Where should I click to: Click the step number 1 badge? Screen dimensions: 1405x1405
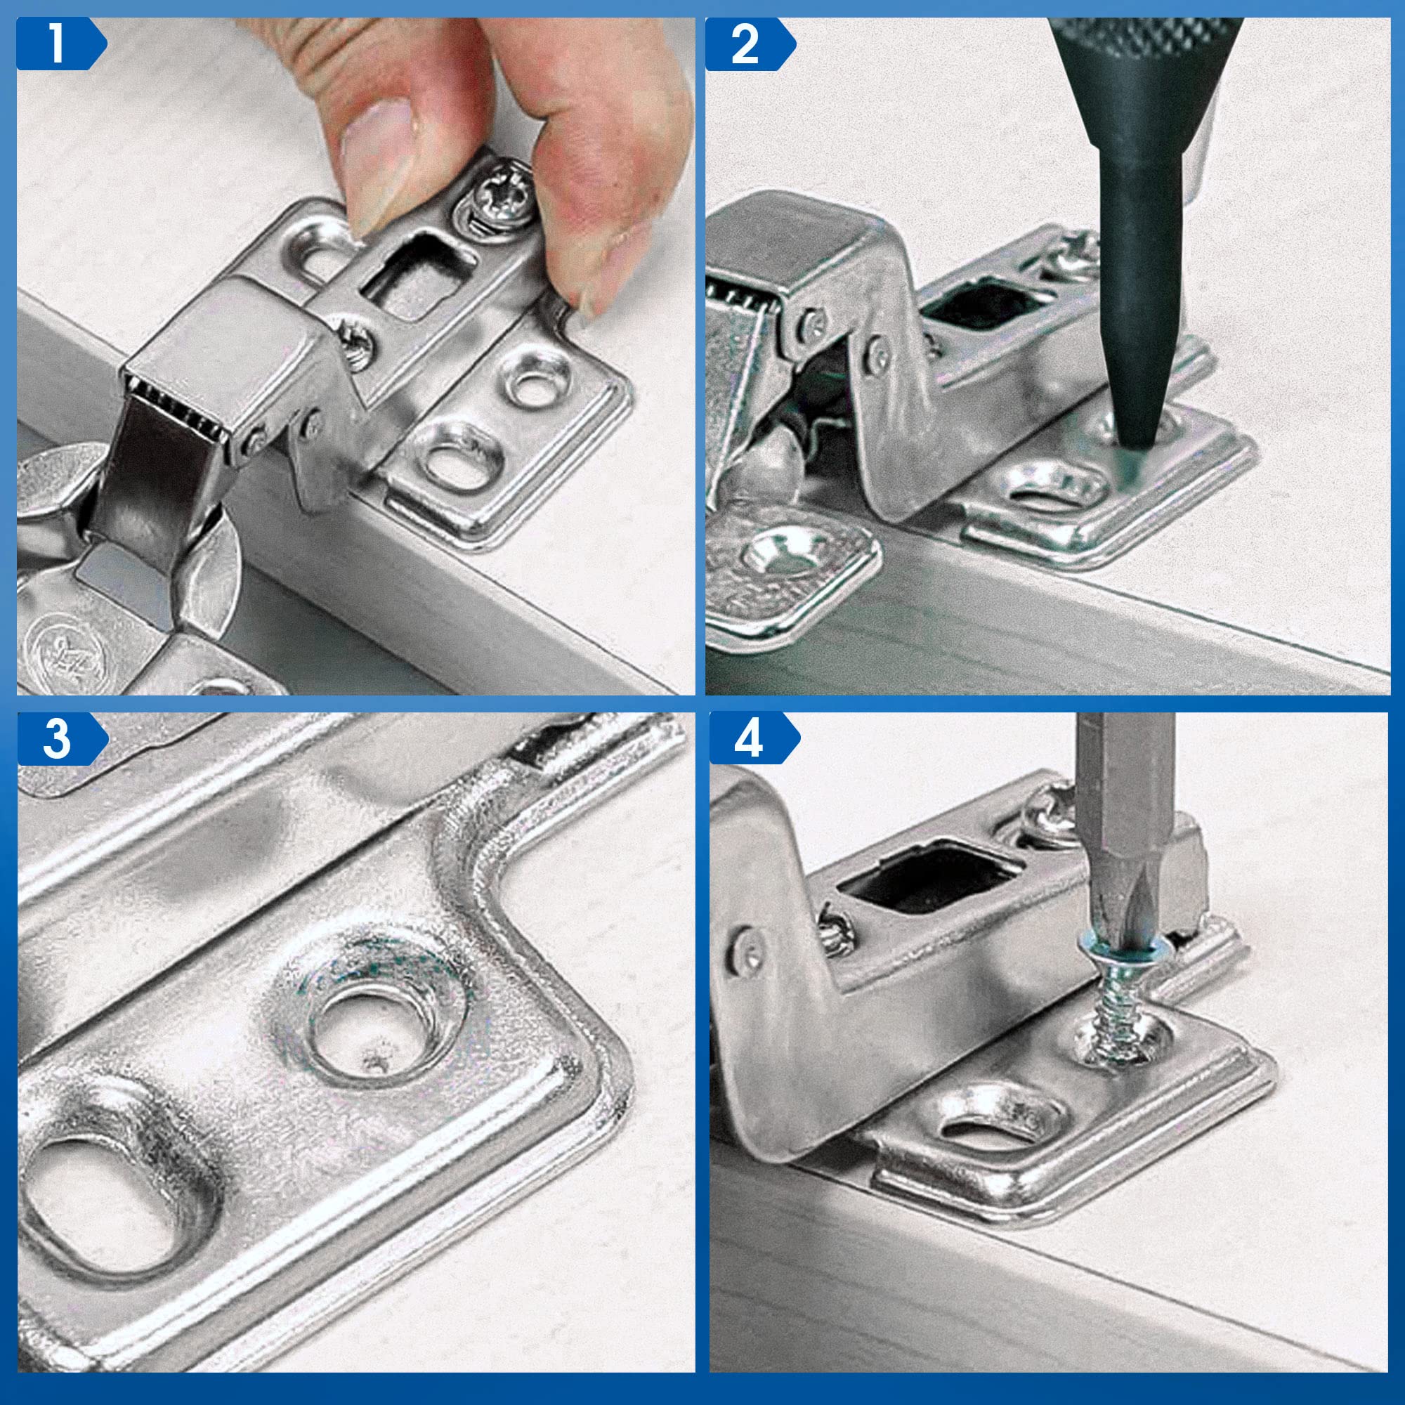tap(61, 44)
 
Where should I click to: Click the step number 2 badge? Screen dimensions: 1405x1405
tap(750, 44)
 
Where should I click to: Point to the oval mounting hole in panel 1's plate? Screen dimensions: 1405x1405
tap(461, 458)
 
